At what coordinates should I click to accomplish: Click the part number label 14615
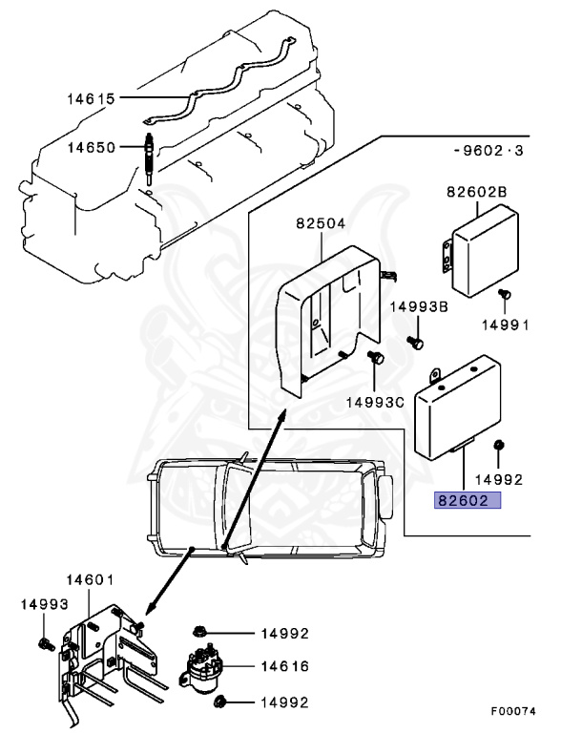(x=91, y=97)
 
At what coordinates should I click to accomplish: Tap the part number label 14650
(x=91, y=147)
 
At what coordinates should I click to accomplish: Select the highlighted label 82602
(x=467, y=500)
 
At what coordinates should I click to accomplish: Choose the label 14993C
(x=375, y=402)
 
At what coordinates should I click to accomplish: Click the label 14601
(x=90, y=579)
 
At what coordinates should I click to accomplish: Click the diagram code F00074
(x=514, y=711)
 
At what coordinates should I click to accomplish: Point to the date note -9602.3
(x=488, y=151)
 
